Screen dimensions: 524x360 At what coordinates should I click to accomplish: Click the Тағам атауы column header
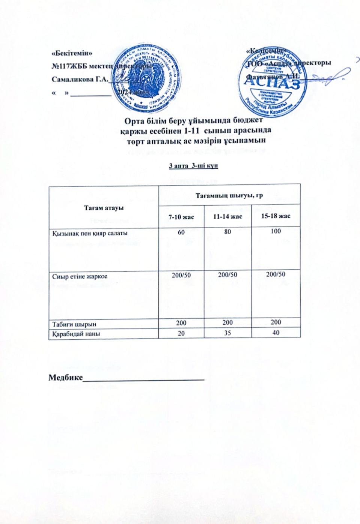[x=104, y=208]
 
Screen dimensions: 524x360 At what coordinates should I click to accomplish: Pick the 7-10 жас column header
[x=181, y=217]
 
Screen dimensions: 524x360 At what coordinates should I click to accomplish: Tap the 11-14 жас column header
[x=228, y=217]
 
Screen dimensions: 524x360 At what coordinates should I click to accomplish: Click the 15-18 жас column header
[x=276, y=216]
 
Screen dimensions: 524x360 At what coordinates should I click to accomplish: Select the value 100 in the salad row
[x=276, y=231]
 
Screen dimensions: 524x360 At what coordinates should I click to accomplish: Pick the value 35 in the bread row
[x=227, y=332]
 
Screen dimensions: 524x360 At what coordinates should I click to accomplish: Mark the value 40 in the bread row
[x=276, y=332]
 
